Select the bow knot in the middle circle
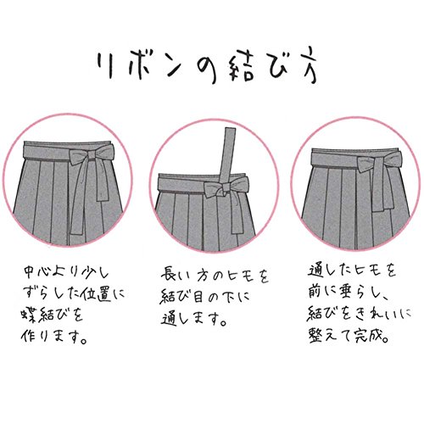(226, 187)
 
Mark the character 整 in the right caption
(316, 336)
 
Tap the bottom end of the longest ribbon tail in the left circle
(76, 232)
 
